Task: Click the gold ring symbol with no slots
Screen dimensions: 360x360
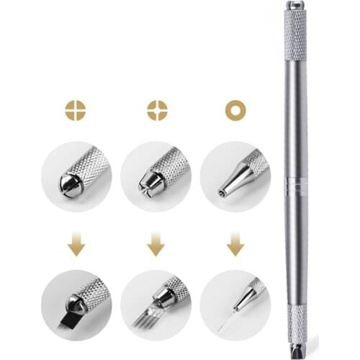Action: tap(233, 111)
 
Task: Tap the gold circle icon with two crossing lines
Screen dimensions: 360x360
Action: tap(75, 111)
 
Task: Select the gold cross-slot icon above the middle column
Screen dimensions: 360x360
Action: tap(156, 111)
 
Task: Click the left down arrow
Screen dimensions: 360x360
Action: tap(76, 247)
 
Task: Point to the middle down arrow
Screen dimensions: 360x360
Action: tap(156, 247)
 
